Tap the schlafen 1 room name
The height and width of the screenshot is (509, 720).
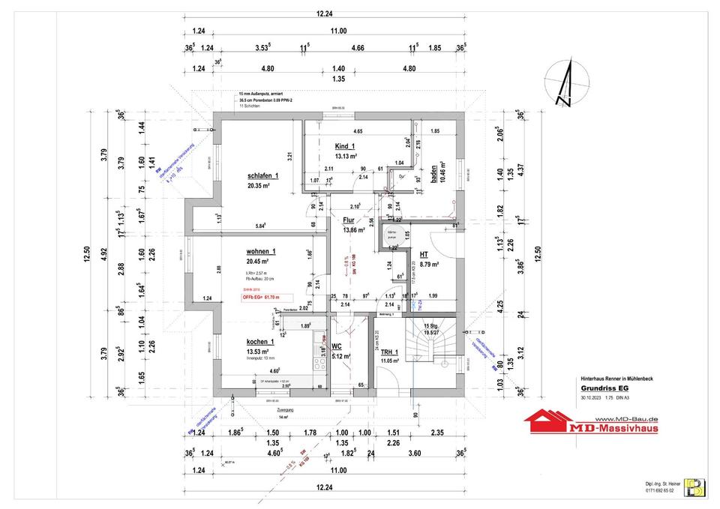tap(262, 175)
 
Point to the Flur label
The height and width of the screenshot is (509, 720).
tap(349, 220)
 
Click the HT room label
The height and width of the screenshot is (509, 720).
tap(424, 255)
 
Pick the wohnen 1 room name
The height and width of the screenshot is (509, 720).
tap(261, 251)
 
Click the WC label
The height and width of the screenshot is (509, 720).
tap(337, 346)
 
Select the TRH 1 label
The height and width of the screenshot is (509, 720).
tap(389, 352)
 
